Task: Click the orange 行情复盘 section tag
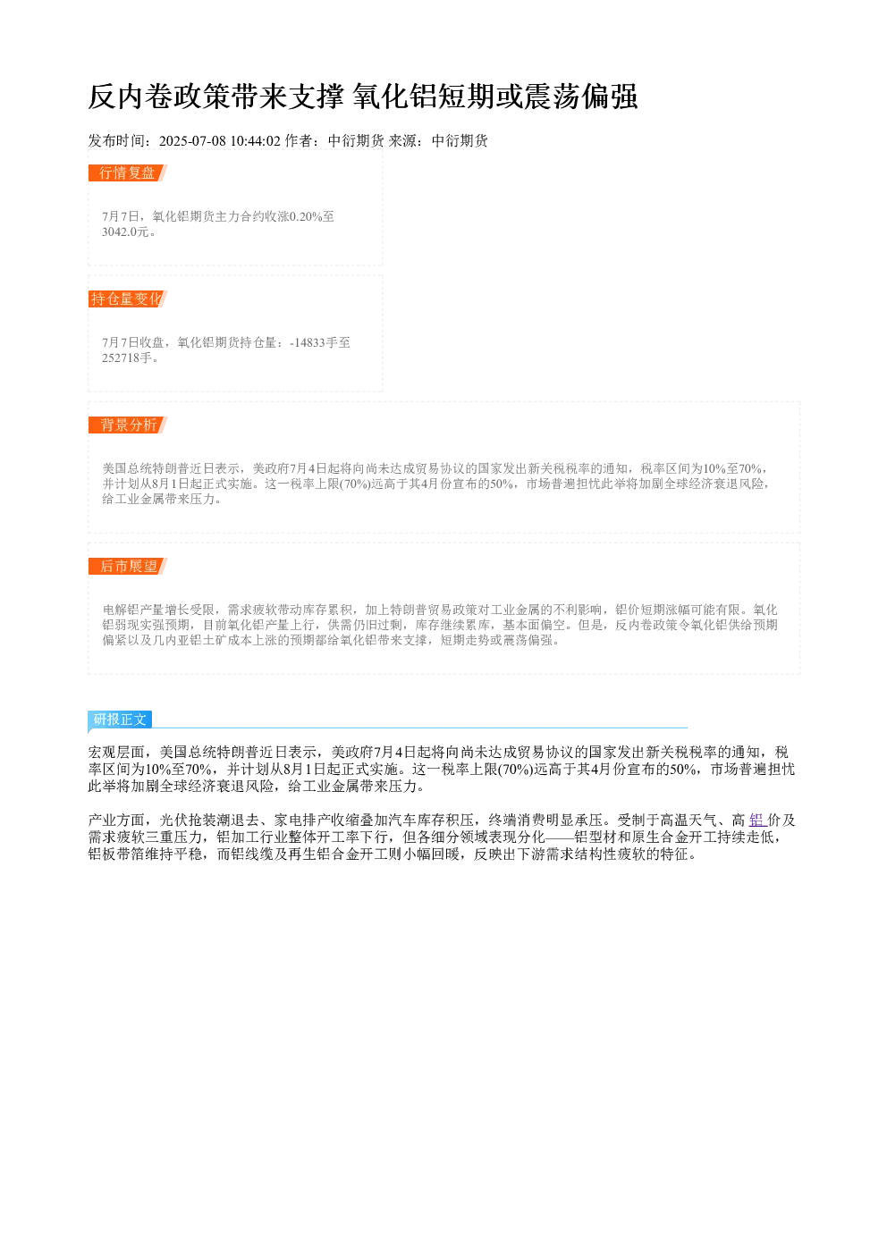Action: coord(128,173)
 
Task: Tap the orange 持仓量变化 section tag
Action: coord(128,299)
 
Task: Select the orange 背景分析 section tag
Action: coord(128,425)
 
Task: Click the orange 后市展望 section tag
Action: coord(128,566)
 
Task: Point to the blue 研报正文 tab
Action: coord(120,720)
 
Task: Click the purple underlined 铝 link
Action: coord(757,821)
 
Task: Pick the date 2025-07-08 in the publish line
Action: coord(192,140)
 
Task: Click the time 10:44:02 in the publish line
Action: coord(256,140)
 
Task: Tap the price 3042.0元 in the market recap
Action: coord(126,231)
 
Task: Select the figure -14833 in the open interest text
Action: coord(307,342)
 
